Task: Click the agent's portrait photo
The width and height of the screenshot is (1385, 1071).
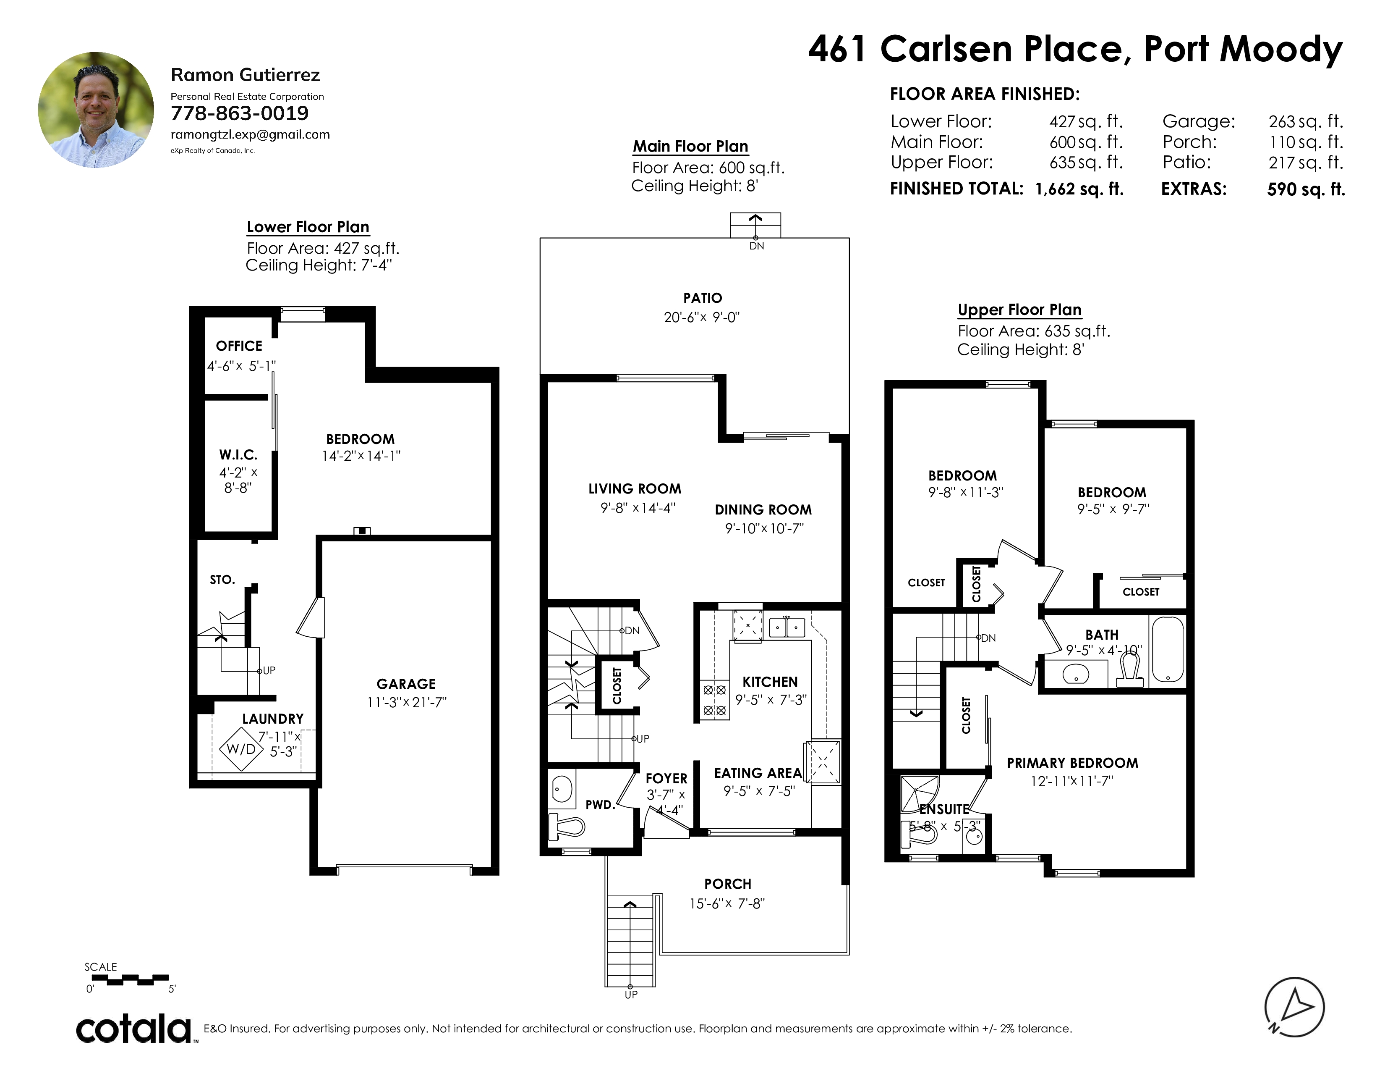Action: pos(96,110)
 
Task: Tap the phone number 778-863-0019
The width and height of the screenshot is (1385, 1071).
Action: pos(240,113)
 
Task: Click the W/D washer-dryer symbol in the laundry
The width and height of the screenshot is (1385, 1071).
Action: pos(241,749)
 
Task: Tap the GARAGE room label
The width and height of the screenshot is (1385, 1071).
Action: pos(406,684)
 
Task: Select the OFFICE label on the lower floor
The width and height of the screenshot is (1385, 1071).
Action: pos(239,346)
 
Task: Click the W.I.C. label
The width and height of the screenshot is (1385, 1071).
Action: pos(238,455)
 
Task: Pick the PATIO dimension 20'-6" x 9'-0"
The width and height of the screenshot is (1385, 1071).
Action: pos(702,317)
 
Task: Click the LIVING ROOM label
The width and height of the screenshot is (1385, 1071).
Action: pos(635,488)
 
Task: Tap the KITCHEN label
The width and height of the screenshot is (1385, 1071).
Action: pos(770,682)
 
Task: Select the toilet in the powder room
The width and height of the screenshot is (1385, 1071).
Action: pos(566,826)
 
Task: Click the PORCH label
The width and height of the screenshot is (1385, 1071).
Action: pos(727,884)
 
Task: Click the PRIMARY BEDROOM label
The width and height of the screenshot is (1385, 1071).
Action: pos(1072,763)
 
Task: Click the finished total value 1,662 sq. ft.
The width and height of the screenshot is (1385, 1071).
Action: pos(1079,189)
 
